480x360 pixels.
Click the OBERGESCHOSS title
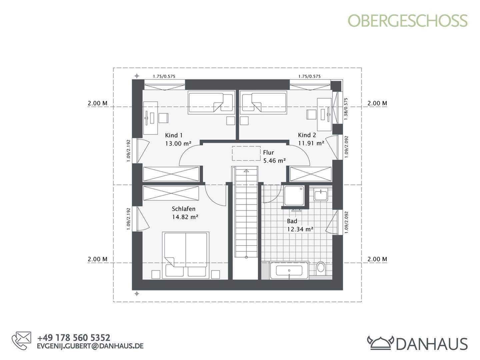(408, 21)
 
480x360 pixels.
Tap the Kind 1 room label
(174, 135)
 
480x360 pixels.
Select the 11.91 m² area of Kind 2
(311, 143)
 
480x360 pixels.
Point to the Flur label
(268, 153)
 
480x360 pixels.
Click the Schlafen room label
(183, 209)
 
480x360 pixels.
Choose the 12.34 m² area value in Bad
(300, 229)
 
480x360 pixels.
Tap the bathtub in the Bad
(289, 270)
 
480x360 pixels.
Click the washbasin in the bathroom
(321, 194)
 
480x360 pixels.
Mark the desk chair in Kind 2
(311, 114)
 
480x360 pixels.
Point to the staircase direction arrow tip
(246, 171)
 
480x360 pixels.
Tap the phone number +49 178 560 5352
(74, 338)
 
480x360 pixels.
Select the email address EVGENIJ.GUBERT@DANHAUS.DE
(90, 346)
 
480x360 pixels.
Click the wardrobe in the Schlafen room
(171, 193)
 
